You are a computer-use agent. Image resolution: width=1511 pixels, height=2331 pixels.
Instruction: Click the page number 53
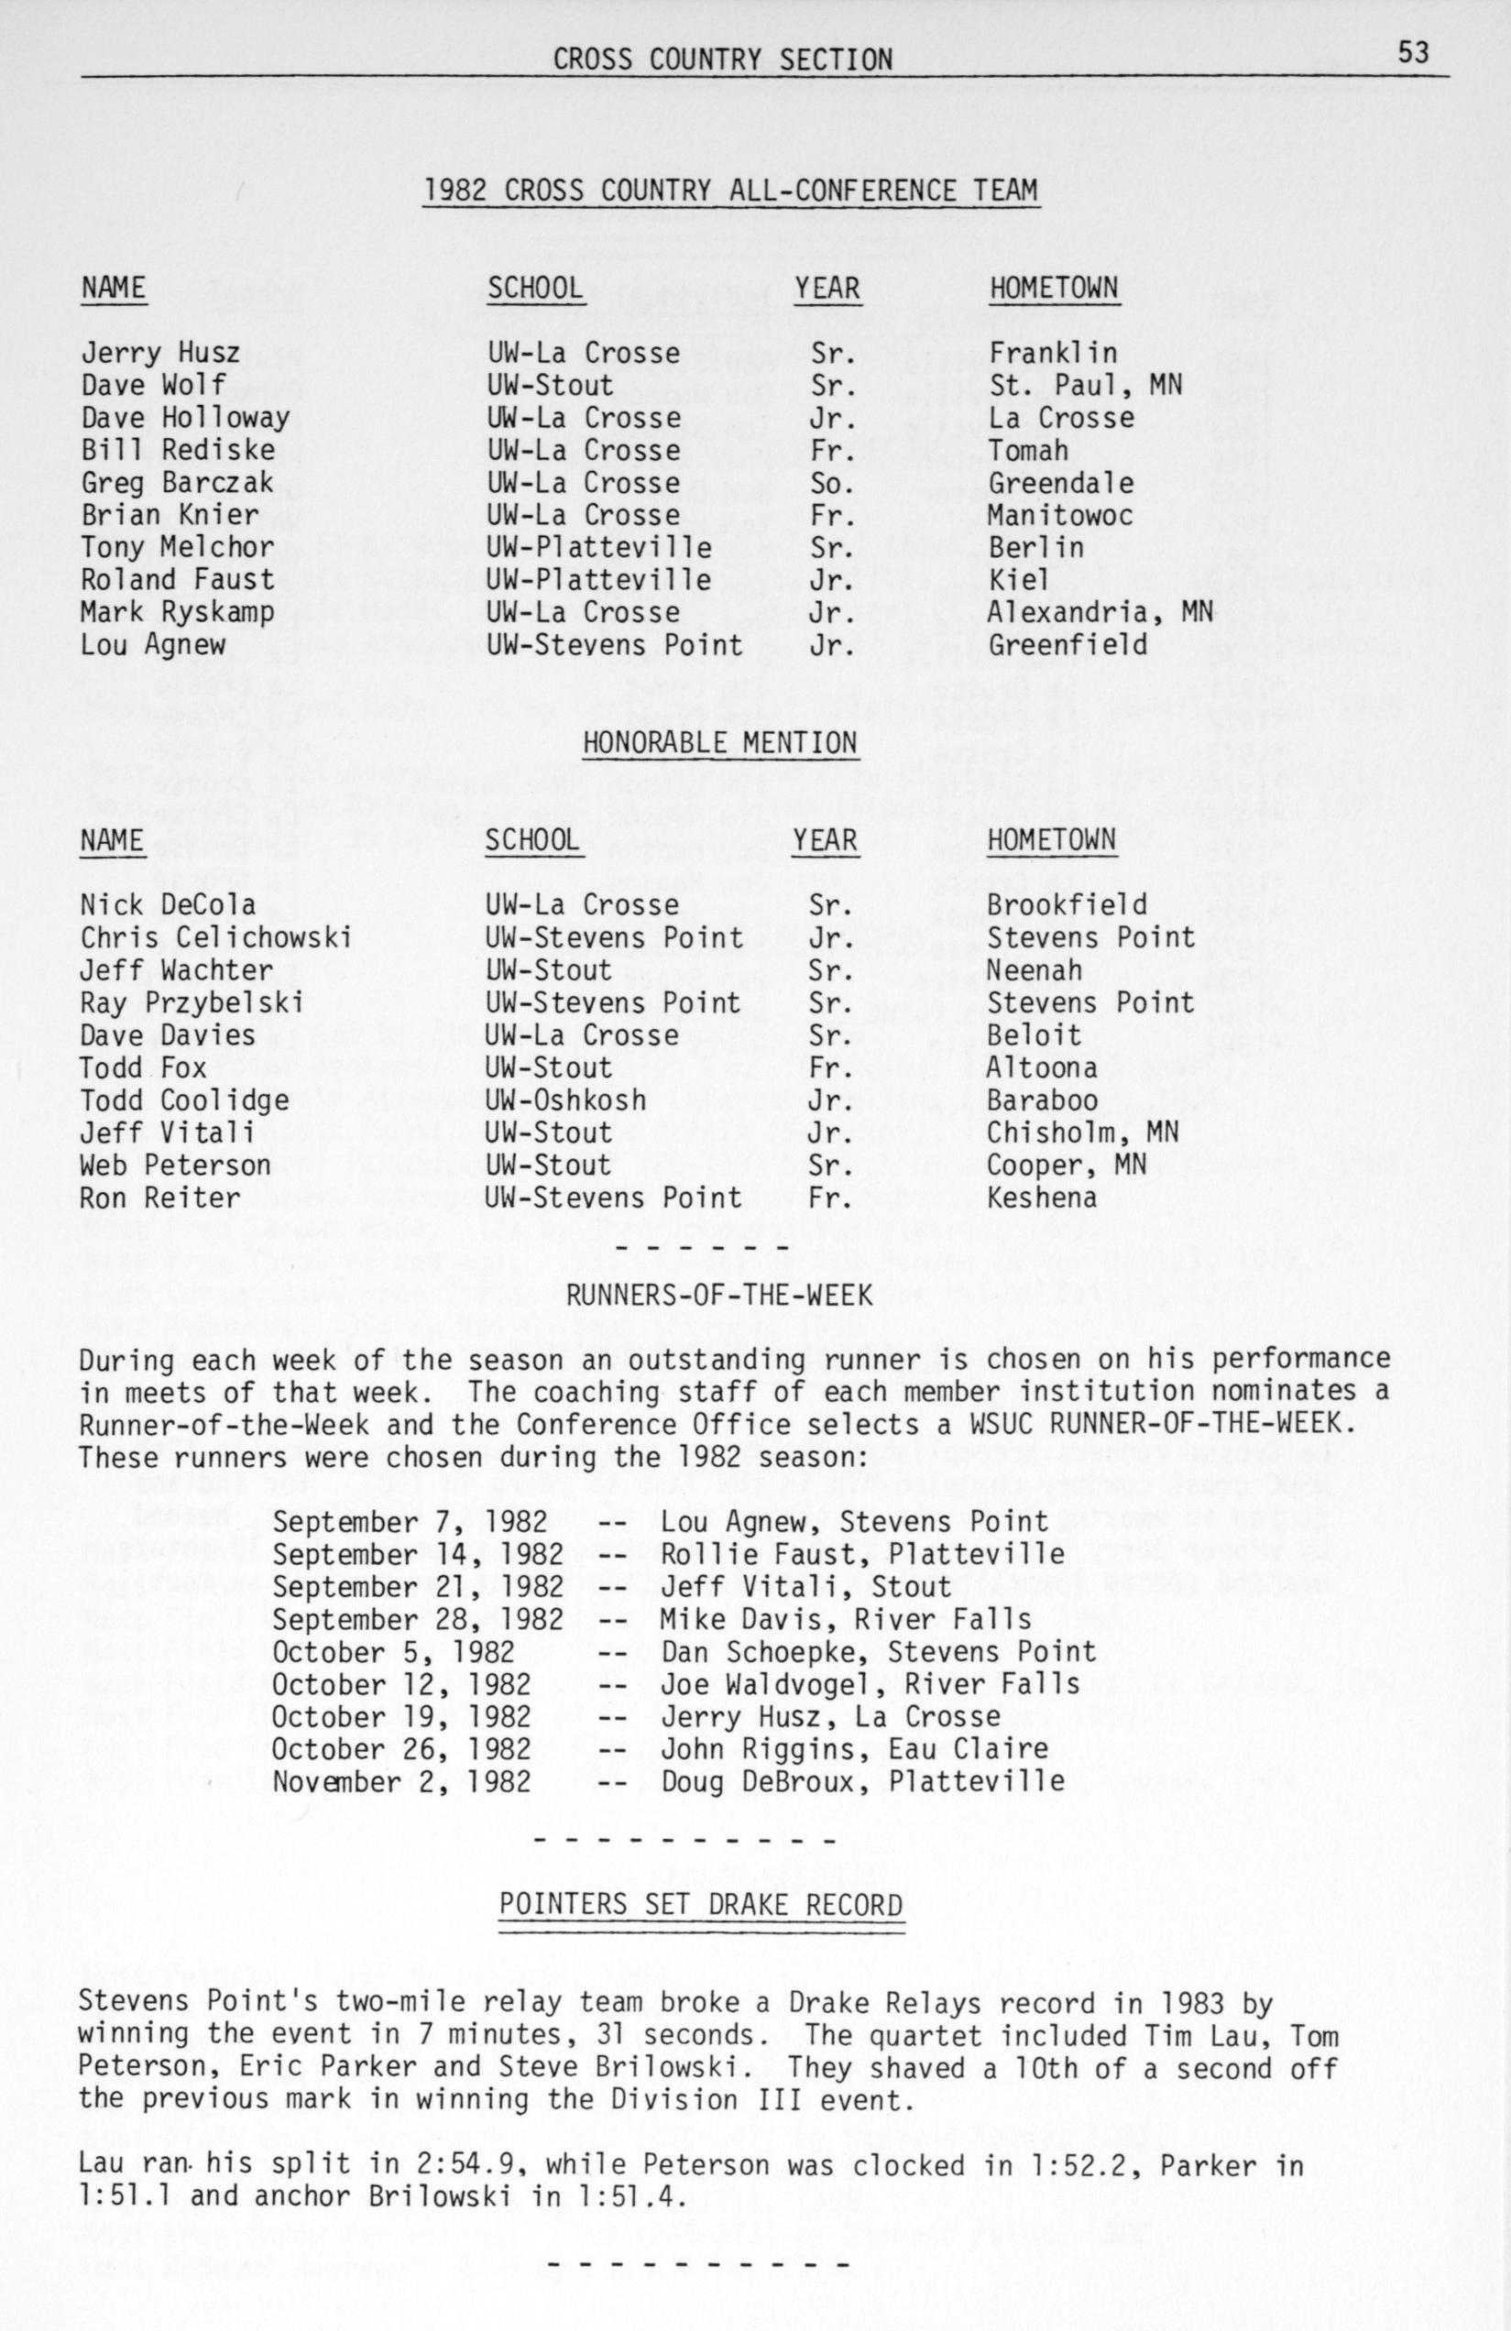pos(1413,52)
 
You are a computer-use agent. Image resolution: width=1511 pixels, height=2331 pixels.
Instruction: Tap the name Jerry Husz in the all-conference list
pos(160,353)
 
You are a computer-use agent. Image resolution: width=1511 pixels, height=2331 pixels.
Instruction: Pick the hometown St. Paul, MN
pos(1085,385)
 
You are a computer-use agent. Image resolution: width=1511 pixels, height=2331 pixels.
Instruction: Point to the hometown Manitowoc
pos(1059,515)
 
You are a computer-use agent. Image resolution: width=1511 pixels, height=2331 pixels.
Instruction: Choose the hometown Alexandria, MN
pos(1100,612)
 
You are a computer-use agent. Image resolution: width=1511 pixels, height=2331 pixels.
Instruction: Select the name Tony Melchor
pos(177,548)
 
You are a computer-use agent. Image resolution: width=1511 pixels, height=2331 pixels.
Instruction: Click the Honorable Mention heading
pos(719,743)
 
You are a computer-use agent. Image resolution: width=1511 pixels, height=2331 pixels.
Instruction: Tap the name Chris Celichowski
pos(215,937)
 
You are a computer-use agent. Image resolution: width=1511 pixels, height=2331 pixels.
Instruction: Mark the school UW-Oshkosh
pos(566,1100)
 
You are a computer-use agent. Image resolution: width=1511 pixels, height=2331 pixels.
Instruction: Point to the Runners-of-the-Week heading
pos(719,1296)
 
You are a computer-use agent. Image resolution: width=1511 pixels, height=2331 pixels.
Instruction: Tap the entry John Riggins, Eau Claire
pos(854,1748)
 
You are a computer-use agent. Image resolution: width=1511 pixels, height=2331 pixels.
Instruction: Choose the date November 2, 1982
pos(401,1780)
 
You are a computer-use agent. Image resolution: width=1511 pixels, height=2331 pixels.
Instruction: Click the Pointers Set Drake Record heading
pos(701,1904)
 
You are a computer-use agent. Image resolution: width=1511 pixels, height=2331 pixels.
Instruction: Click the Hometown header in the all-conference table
pos(1054,288)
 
